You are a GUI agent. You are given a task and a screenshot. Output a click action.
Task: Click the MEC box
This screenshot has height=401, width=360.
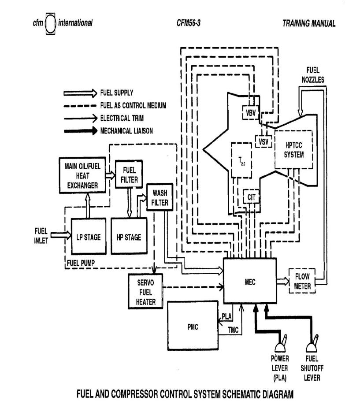click(250, 281)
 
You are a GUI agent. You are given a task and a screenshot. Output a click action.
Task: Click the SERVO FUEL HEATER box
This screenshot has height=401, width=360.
click(145, 291)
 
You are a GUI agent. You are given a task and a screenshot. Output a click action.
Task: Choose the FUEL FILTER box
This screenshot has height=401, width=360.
click(127, 175)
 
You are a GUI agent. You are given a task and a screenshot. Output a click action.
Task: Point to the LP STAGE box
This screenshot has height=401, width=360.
click(88, 237)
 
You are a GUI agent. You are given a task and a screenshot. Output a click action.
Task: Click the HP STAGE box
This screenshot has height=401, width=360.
click(128, 237)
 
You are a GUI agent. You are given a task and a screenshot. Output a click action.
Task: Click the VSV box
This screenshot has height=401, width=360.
click(263, 141)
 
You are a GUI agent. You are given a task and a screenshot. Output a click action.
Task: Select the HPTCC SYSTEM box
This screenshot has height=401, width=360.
click(293, 150)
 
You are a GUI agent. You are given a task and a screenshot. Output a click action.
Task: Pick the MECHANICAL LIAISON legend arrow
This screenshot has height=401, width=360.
click(81, 130)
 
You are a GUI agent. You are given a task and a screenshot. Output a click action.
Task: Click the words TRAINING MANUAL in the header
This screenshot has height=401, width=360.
click(309, 23)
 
